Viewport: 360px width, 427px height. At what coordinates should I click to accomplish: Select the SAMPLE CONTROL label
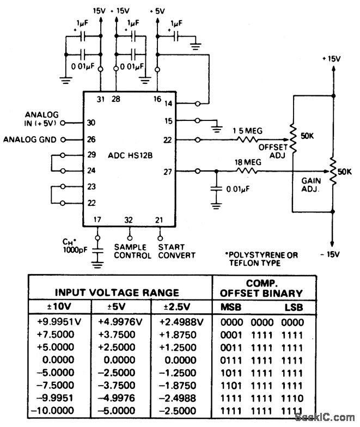coord(130,251)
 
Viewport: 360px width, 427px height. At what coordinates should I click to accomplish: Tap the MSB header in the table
coord(231,306)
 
